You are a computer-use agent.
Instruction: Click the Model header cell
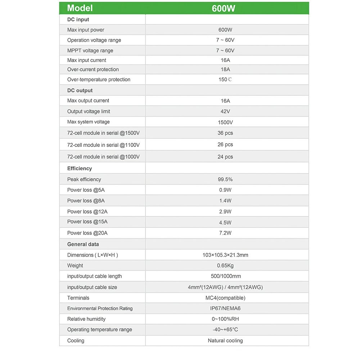(x=80, y=8)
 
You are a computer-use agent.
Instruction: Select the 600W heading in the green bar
(x=224, y=8)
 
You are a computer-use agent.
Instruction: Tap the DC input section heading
(x=78, y=19)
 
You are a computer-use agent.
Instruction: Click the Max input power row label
(x=86, y=30)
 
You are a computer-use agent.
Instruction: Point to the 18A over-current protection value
(x=225, y=69)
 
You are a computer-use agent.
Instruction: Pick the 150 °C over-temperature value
(x=225, y=80)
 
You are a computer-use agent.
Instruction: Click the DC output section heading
(x=80, y=90)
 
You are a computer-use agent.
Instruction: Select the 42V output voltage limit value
(x=225, y=112)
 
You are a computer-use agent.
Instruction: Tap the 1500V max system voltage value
(x=225, y=122)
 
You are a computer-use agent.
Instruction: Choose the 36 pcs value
(x=225, y=133)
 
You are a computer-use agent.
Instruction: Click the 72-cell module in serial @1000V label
(x=103, y=157)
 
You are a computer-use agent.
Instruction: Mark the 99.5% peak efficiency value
(x=225, y=179)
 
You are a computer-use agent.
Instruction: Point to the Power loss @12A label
(x=87, y=211)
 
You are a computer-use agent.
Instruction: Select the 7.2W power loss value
(x=225, y=233)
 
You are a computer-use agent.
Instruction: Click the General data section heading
(x=83, y=244)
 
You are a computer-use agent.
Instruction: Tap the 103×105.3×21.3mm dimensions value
(x=225, y=255)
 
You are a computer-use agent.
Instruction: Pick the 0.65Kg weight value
(x=225, y=266)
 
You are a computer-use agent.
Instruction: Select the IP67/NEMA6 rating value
(x=225, y=309)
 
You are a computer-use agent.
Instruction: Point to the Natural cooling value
(x=225, y=341)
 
